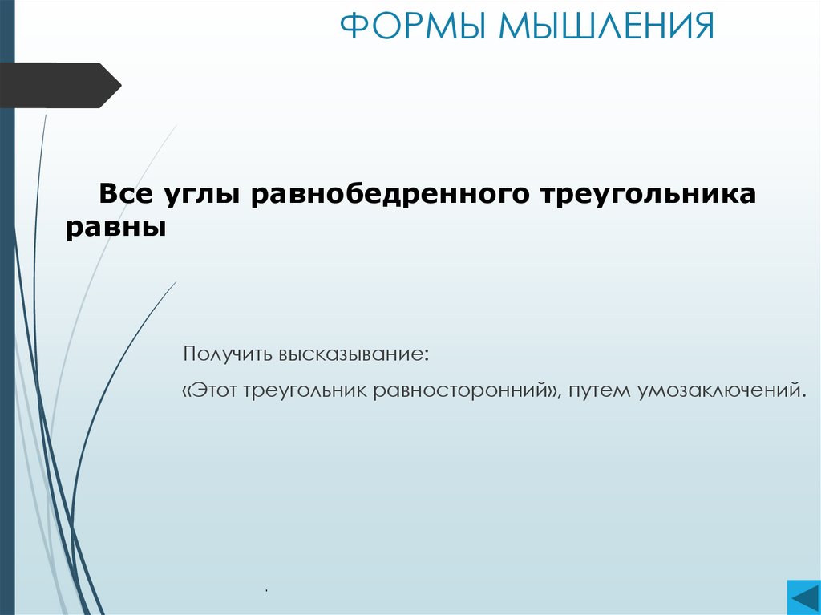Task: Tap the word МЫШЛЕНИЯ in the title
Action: point(606,26)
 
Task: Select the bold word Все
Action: point(127,194)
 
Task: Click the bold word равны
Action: point(115,229)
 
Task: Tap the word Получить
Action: point(228,354)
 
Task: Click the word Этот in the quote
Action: point(216,390)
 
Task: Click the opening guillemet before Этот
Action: point(188,391)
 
